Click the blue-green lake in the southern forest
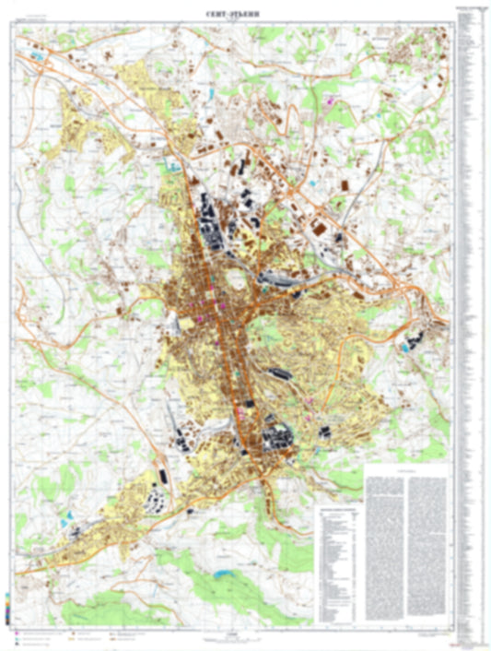(x=224, y=574)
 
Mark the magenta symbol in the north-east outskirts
(x=329, y=99)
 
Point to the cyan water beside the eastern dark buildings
(x=404, y=349)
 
